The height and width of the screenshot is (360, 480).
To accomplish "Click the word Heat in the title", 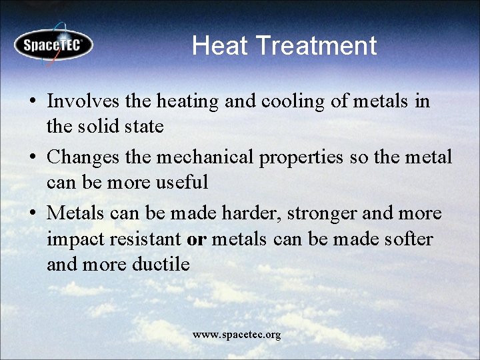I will point(220,45).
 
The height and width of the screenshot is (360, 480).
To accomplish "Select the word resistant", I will point(144,239).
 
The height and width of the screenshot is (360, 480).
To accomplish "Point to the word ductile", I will point(161,264).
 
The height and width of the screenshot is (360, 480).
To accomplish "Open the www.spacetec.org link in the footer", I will point(237,335).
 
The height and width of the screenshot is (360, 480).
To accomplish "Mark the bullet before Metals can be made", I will point(33,214).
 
